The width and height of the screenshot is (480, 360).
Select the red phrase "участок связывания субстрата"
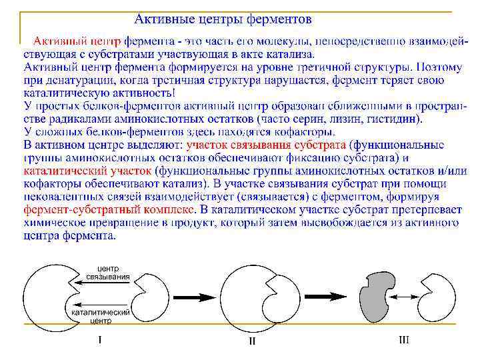click(x=266, y=145)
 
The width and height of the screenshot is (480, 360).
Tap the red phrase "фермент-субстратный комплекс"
click(x=109, y=209)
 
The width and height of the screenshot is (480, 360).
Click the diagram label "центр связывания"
click(x=108, y=272)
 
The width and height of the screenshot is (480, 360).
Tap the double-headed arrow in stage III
click(x=402, y=297)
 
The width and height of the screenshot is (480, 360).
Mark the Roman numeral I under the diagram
click(x=99, y=339)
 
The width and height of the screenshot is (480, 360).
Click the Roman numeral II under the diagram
click(x=251, y=341)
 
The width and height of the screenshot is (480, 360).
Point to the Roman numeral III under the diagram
click(x=403, y=339)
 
